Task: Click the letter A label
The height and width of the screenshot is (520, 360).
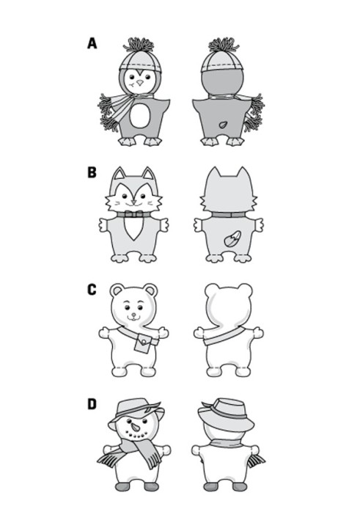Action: pyautogui.click(x=92, y=43)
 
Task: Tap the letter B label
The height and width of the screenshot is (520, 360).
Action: pyautogui.click(x=92, y=172)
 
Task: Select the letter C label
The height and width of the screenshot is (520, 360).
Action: pyautogui.click(x=92, y=290)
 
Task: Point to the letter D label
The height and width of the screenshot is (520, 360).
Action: pyautogui.click(x=92, y=404)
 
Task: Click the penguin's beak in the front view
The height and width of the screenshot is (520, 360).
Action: pyautogui.click(x=140, y=83)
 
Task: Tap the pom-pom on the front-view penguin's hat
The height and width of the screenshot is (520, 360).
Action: pyautogui.click(x=139, y=45)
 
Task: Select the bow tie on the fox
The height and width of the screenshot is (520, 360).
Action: pyautogui.click(x=133, y=214)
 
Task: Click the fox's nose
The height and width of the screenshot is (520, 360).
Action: pyautogui.click(x=133, y=202)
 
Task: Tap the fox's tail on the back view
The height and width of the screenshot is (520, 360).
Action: pyautogui.click(x=232, y=238)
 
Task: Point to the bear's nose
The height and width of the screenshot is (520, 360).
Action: pyautogui.click(x=133, y=314)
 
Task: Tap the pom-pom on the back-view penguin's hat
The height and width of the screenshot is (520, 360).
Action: pyautogui.click(x=224, y=45)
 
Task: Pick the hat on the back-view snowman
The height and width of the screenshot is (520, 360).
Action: pyautogui.click(x=225, y=414)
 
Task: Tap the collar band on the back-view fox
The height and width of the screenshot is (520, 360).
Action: pyautogui.click(x=229, y=215)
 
